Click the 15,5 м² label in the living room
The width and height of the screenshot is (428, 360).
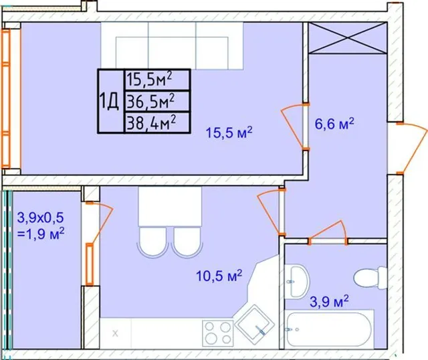[x=229, y=132]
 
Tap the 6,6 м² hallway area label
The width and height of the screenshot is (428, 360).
[x=334, y=124]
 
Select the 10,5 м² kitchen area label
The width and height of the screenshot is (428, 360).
[x=219, y=276]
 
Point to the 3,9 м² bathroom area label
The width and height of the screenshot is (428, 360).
[x=329, y=301]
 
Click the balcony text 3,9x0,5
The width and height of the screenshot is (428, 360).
[x=40, y=217]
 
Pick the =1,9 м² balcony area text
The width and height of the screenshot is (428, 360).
[x=41, y=234]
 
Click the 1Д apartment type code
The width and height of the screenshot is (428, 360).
[x=109, y=101]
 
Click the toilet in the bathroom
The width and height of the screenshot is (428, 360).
[x=370, y=278]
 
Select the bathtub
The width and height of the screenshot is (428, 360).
[x=329, y=329]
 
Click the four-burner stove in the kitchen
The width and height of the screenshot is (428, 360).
[x=218, y=333]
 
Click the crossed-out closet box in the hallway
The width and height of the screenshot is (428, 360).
[x=348, y=38]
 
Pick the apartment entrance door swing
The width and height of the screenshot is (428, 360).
[x=412, y=148]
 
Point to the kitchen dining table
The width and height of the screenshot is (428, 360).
[x=170, y=207]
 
